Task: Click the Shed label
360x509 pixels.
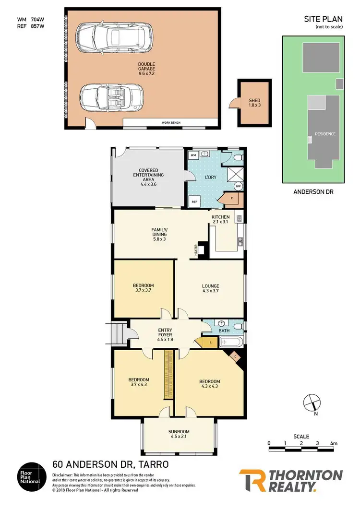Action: [x=254, y=102]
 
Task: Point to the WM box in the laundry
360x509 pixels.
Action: [x=193, y=155]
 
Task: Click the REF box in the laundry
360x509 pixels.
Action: [x=195, y=202]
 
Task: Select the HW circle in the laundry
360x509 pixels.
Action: [x=238, y=187]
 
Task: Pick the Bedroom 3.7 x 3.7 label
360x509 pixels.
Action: [x=143, y=288]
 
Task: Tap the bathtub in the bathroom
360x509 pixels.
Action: [x=231, y=343]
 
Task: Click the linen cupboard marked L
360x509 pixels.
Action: [x=204, y=342]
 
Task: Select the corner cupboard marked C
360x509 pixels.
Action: [x=235, y=356]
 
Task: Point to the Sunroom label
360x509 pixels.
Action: [x=179, y=433]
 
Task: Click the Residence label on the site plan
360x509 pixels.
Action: [x=325, y=134]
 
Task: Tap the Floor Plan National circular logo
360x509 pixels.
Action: [x=32, y=476]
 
